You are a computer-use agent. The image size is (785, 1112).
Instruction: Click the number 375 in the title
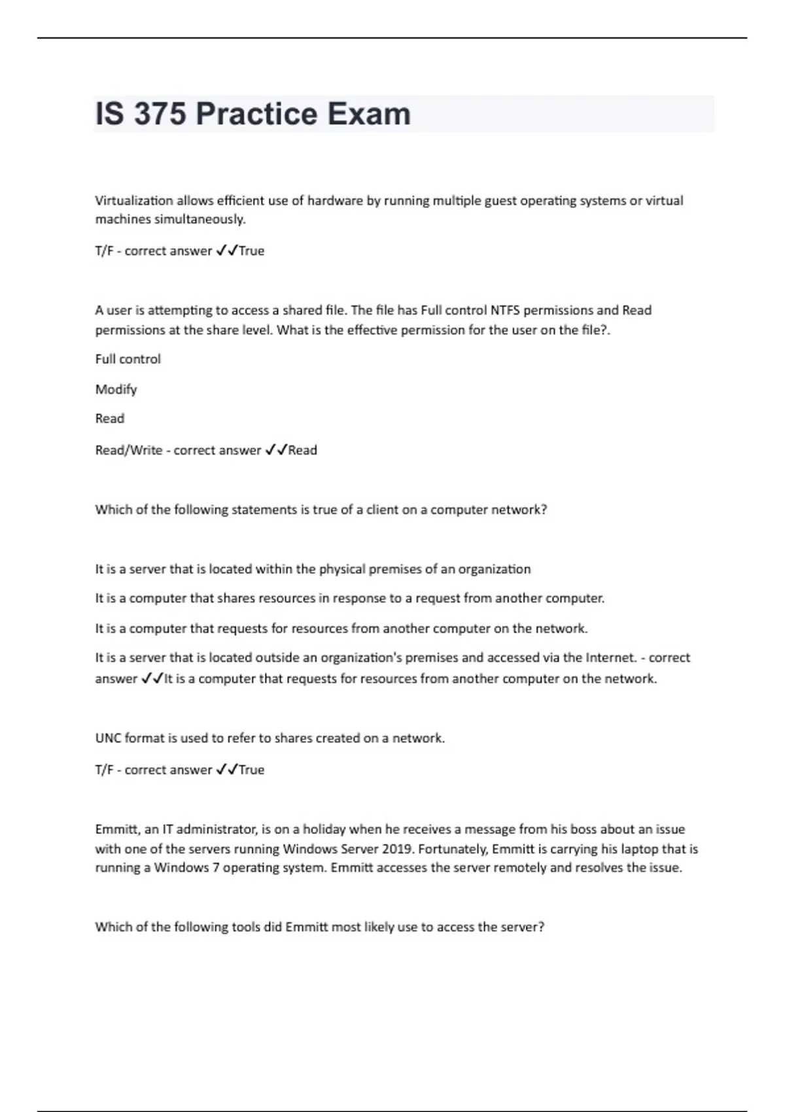click(x=160, y=114)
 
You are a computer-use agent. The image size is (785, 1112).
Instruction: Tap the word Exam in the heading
click(x=369, y=114)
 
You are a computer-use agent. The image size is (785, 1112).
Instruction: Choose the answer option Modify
click(x=116, y=389)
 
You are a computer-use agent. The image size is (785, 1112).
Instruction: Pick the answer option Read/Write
click(x=128, y=450)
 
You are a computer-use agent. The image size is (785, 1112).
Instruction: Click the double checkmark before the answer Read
click(x=276, y=450)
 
